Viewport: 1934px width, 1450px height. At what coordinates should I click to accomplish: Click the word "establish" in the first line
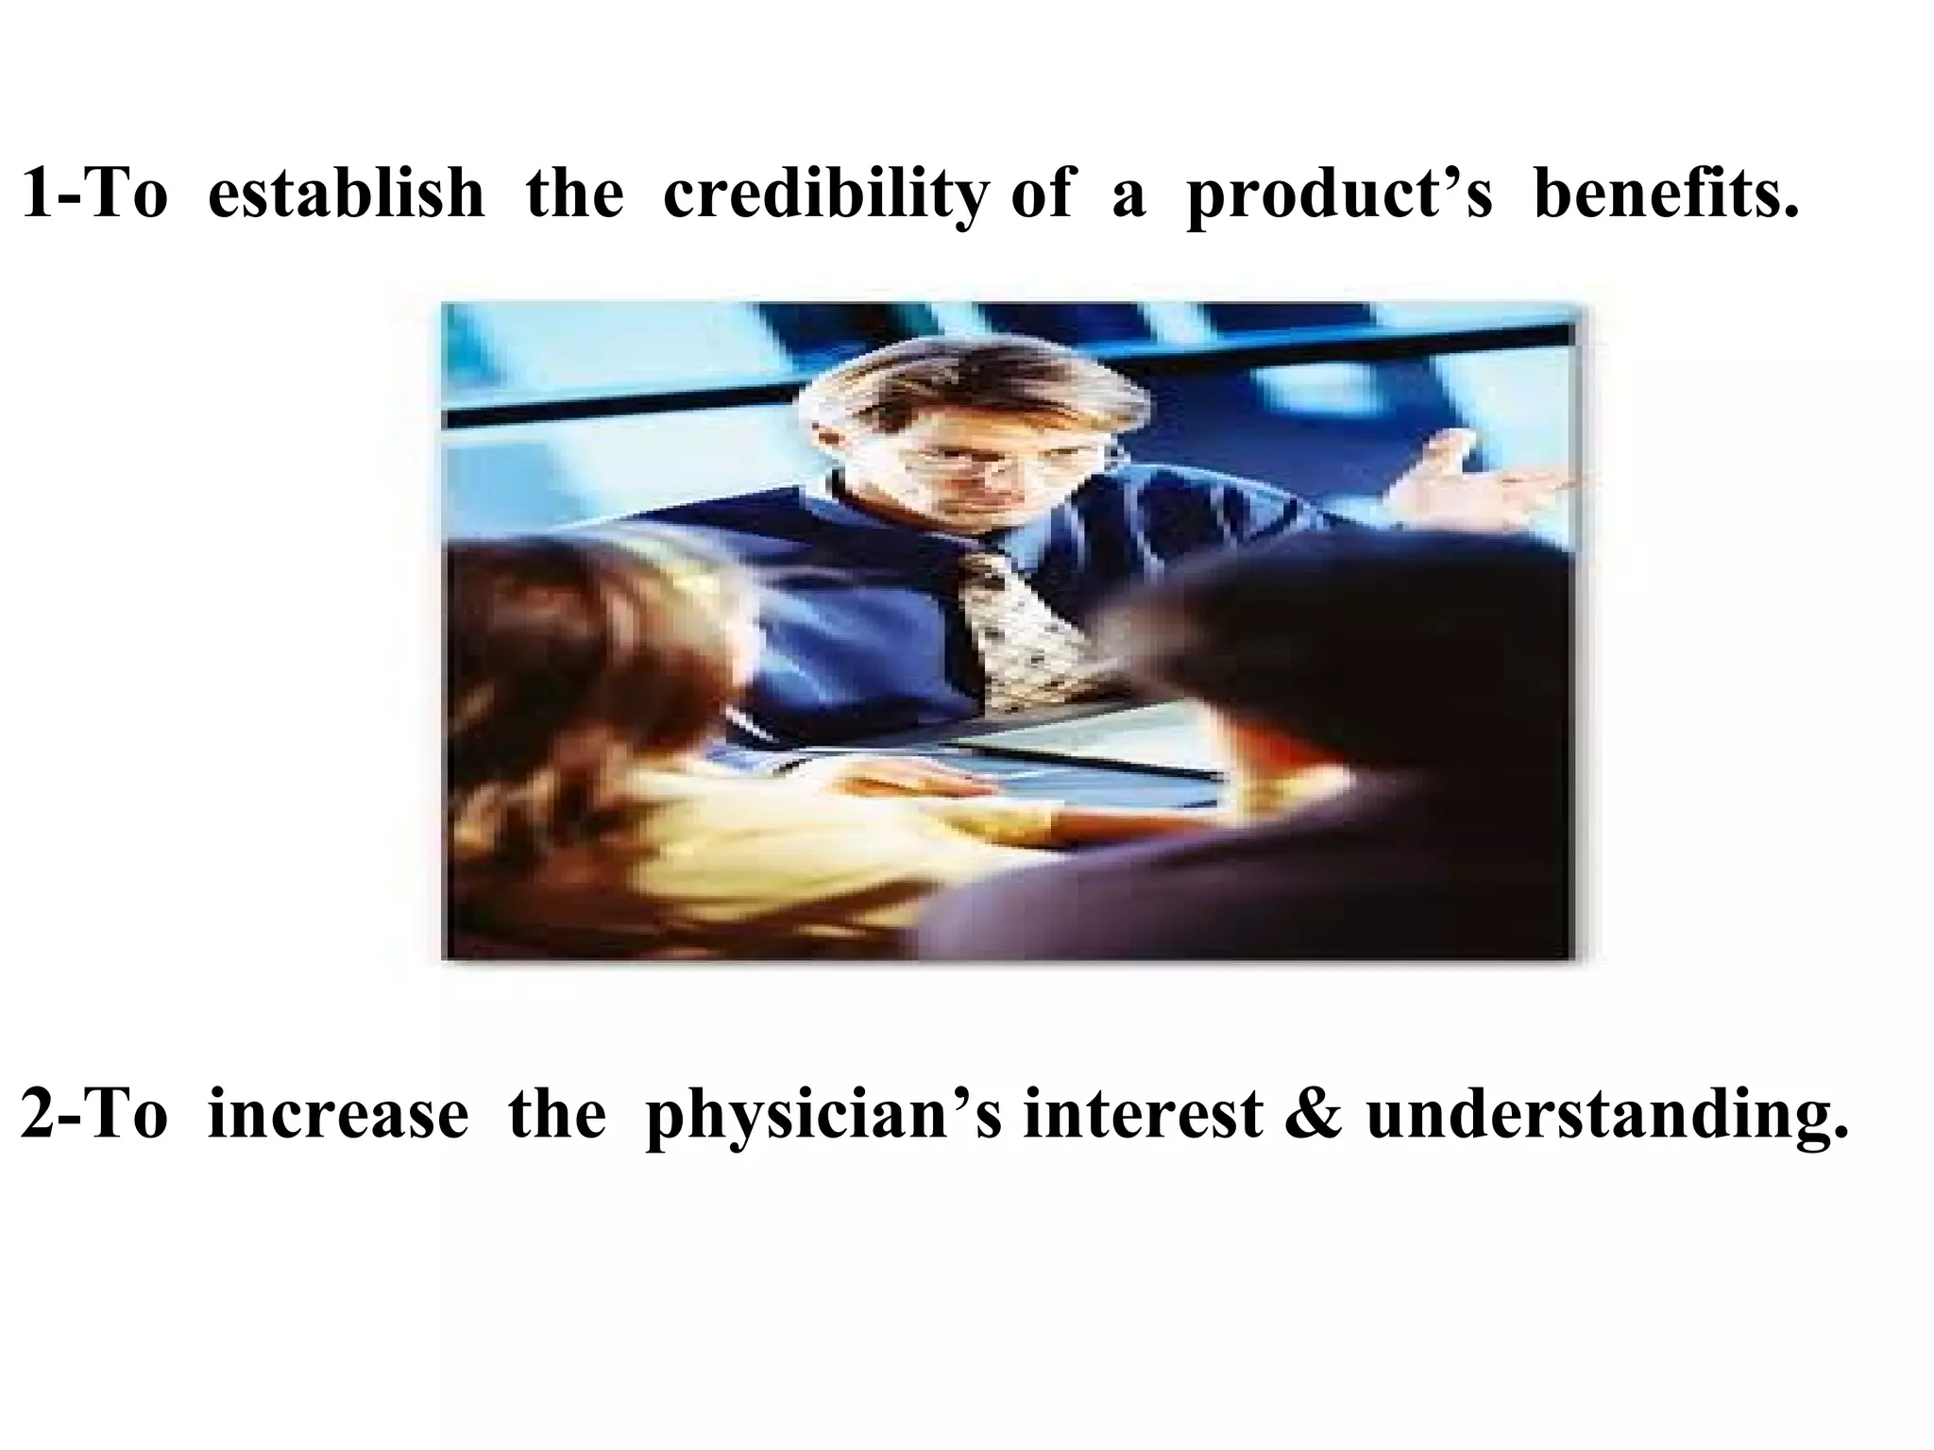click(x=345, y=193)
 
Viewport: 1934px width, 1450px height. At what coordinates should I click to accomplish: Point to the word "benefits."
click(x=1666, y=193)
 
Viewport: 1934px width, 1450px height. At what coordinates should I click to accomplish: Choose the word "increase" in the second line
click(x=337, y=1115)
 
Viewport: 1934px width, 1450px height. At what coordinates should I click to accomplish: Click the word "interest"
click(x=1142, y=1115)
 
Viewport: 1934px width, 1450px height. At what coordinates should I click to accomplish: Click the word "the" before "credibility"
click(x=574, y=193)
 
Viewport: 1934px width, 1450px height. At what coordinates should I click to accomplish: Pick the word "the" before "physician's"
click(x=556, y=1115)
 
